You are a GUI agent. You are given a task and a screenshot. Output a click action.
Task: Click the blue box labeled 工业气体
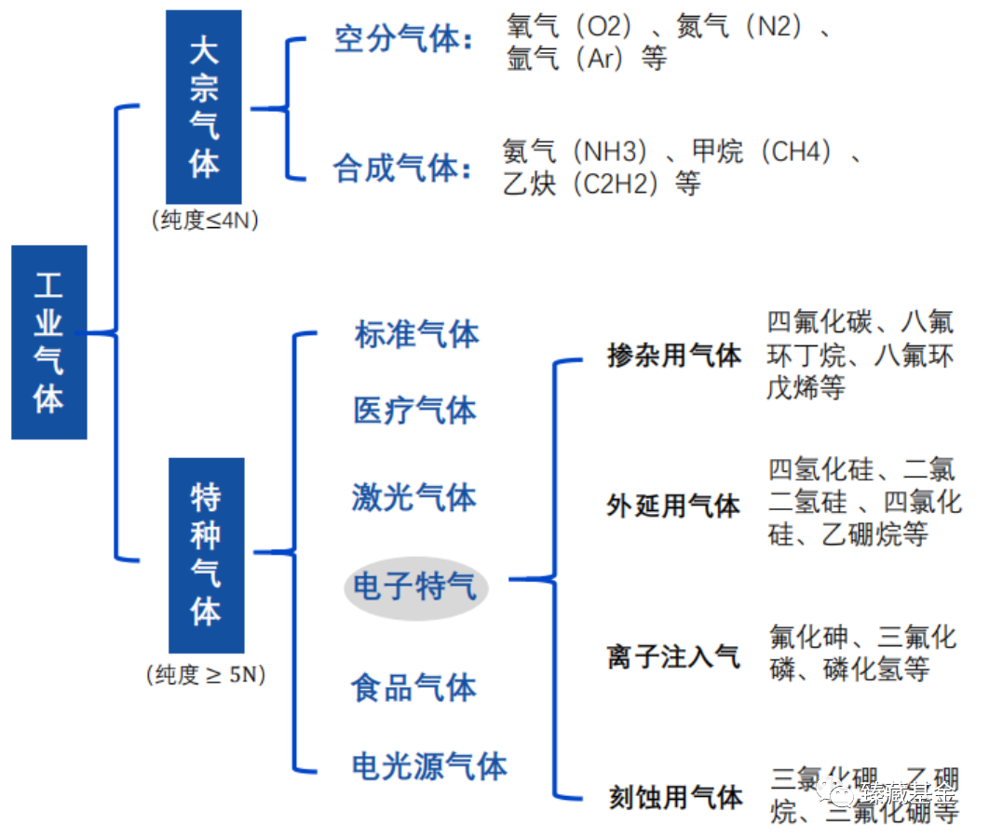pyautogui.click(x=48, y=342)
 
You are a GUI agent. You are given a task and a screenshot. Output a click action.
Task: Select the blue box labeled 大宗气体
pyautogui.click(x=203, y=107)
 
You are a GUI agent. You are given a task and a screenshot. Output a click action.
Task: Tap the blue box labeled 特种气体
pyautogui.click(x=206, y=555)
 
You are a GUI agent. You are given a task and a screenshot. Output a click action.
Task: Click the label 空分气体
pyautogui.click(x=402, y=40)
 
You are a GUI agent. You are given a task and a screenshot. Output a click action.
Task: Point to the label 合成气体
pyautogui.click(x=402, y=169)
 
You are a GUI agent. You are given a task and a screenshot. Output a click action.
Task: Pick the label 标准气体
pyautogui.click(x=416, y=334)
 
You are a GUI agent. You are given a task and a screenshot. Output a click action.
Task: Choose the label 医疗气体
pyautogui.click(x=414, y=410)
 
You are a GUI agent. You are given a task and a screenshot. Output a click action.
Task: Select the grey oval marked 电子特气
pyautogui.click(x=415, y=587)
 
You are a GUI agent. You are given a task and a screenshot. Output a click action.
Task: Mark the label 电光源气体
pyautogui.click(x=429, y=766)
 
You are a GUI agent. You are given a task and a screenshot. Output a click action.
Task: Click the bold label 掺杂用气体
pyautogui.click(x=674, y=356)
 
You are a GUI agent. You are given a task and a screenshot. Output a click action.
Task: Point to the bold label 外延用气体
pyautogui.click(x=673, y=506)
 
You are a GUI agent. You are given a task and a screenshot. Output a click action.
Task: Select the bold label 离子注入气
pyautogui.click(x=673, y=657)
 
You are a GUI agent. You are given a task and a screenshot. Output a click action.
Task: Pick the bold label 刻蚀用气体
pyautogui.click(x=675, y=797)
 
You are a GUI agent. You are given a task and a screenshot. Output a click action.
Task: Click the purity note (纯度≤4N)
pyautogui.click(x=204, y=221)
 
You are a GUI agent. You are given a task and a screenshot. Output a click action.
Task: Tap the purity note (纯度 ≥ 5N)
pyautogui.click(x=206, y=675)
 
